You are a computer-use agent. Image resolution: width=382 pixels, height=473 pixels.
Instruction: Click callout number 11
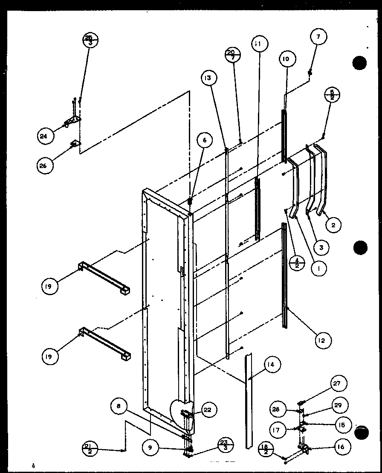(259, 44)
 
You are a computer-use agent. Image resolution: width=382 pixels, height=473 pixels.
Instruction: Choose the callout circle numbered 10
(285, 59)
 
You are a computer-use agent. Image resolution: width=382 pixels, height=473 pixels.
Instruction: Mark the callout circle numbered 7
(318, 37)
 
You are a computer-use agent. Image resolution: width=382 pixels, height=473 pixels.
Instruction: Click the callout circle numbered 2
(334, 225)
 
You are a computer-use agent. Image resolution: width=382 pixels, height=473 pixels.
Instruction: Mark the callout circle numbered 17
(277, 430)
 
